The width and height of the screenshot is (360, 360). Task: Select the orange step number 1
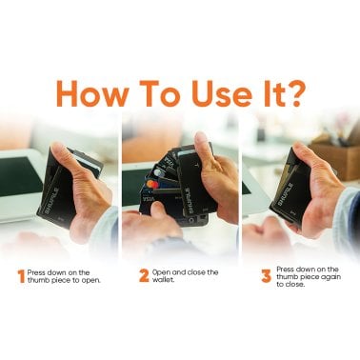click(x=21, y=277)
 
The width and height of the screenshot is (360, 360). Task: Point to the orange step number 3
click(x=266, y=277)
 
